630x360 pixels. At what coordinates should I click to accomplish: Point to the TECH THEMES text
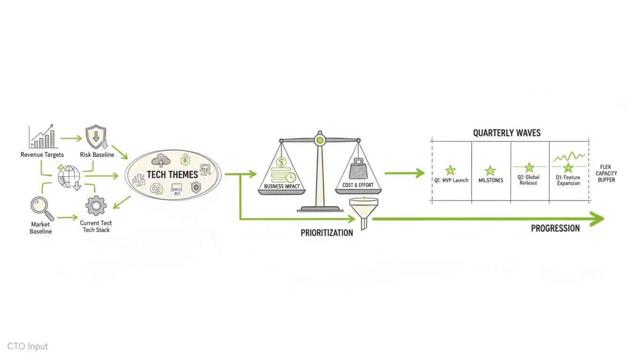[x=172, y=174]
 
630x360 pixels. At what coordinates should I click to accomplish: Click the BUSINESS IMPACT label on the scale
[x=281, y=186]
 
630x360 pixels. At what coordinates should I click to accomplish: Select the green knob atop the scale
[x=320, y=139]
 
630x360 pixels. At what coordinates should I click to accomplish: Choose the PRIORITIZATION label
[x=327, y=232]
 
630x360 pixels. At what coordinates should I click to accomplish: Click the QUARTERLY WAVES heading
[x=506, y=133]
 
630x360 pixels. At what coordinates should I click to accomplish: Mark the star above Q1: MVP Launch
[x=450, y=170]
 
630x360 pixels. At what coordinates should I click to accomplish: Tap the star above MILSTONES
[x=490, y=170]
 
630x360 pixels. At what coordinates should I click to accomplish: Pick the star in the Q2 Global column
[x=529, y=167]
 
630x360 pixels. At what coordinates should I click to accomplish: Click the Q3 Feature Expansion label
[x=568, y=180]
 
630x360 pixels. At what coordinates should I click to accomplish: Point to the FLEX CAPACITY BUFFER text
[x=608, y=173]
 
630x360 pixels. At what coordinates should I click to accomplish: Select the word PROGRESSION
[x=555, y=228]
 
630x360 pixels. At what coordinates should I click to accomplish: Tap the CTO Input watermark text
[x=28, y=346]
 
